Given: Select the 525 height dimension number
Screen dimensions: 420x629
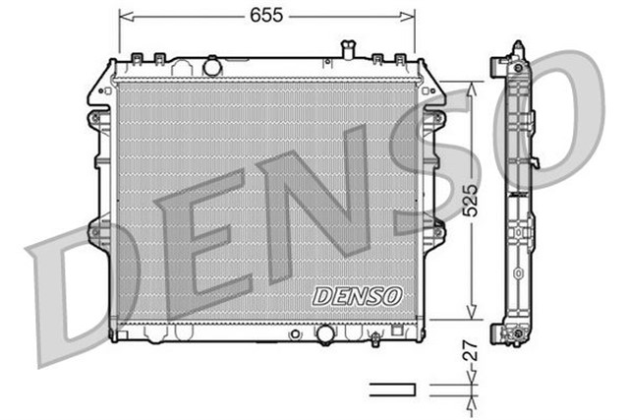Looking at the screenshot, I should point(471,201).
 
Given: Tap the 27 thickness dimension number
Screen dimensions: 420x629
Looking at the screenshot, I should point(471,348).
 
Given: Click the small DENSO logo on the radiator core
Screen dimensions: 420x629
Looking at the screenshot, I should point(357,295).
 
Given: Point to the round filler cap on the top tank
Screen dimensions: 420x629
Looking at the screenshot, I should point(212,67).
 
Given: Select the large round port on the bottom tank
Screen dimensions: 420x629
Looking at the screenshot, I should point(324,333).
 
